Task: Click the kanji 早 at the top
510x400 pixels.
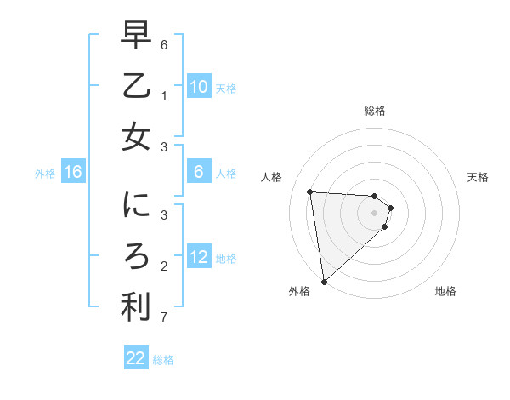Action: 136,36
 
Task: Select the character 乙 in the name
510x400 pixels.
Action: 136,87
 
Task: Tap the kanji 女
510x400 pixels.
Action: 136,138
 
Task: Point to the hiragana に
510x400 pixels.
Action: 136,206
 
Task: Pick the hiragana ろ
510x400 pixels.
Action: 136,257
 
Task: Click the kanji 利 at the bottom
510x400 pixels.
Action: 136,308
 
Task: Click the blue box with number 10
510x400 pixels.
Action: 199,87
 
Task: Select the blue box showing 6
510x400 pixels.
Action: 199,172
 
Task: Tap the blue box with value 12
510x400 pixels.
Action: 199,257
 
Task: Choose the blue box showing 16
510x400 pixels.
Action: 73,173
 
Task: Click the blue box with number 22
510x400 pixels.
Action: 136,358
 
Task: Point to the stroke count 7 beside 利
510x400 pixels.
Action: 164,318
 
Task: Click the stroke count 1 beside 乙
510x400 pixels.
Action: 164,96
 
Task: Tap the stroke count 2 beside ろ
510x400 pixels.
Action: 164,266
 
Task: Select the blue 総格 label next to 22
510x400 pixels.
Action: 163,360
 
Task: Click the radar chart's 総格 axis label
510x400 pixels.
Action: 375,111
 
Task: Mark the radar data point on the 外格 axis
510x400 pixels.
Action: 324,281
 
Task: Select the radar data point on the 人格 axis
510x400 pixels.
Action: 310,191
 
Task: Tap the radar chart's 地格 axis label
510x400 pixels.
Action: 445,291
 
